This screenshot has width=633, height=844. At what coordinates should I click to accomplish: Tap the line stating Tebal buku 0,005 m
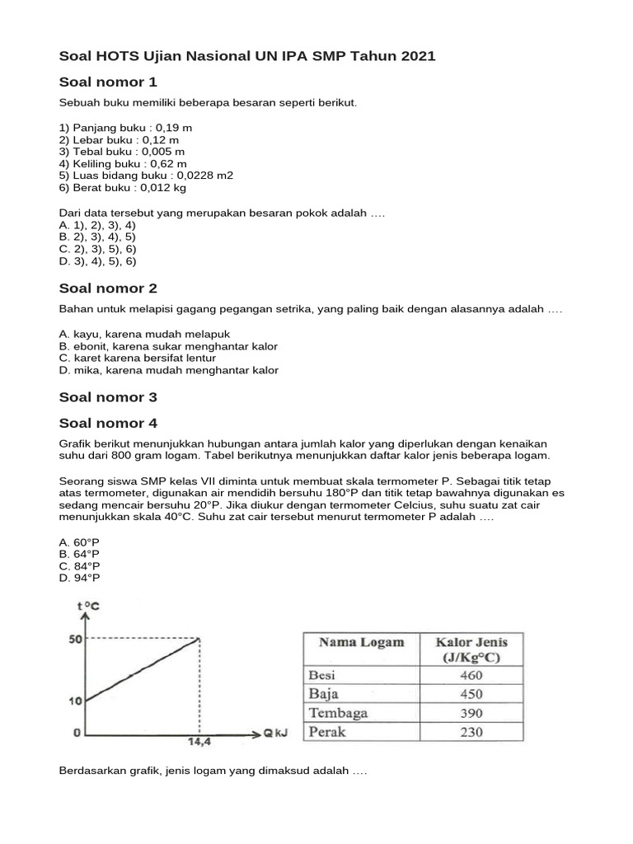(122, 152)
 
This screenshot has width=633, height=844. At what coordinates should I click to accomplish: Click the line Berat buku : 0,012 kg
(123, 187)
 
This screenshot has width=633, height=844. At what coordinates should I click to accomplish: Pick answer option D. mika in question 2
(168, 370)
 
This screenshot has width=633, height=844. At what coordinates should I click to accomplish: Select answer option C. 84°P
(80, 566)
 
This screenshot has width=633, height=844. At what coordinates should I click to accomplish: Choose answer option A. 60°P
(80, 542)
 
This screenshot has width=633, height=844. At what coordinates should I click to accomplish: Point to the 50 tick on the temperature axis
(74, 640)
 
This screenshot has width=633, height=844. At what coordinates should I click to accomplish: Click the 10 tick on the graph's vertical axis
(74, 701)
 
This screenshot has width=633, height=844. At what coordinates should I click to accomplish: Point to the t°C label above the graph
(88, 607)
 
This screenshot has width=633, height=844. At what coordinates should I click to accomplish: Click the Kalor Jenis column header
(471, 649)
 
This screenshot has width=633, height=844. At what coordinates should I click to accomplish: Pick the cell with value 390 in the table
(471, 713)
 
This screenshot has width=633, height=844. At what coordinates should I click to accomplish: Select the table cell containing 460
(471, 675)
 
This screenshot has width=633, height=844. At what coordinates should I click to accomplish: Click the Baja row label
(324, 694)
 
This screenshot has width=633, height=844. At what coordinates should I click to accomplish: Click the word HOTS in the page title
(120, 55)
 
